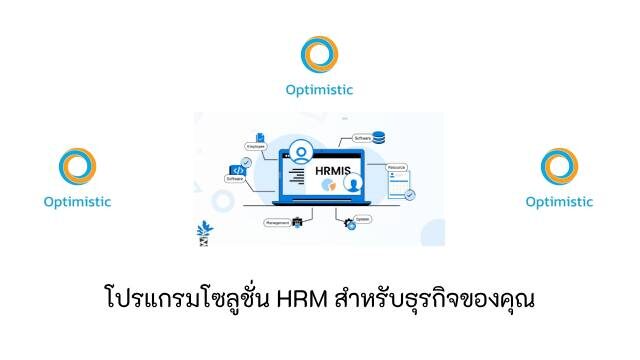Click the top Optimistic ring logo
tap(320, 55)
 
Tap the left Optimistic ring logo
tap(77, 167)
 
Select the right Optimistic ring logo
tap(559, 167)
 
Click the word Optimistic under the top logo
tap(320, 89)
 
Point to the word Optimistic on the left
tap(77, 201)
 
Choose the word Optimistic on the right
tap(559, 201)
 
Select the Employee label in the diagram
tap(255, 146)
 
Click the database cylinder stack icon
tap(378, 138)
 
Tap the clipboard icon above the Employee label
tap(262, 136)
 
